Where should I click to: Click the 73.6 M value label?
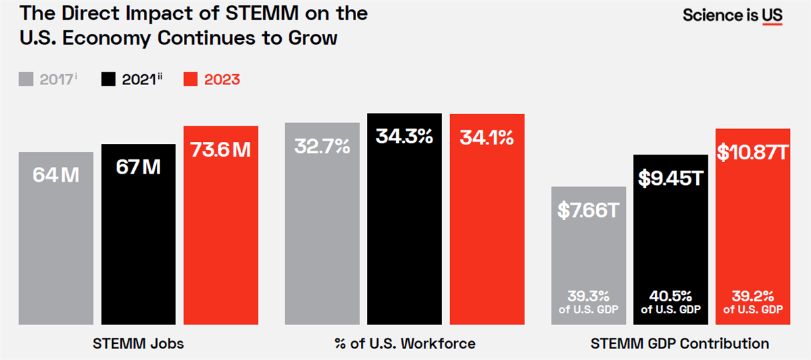pos(220,149)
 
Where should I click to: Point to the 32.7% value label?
pos(322,145)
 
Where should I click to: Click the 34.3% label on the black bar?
pos(404,136)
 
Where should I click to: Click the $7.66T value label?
pos(588,210)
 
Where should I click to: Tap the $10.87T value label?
pos(752,153)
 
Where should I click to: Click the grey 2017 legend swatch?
pos(26,80)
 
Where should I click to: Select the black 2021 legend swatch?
pos(108,80)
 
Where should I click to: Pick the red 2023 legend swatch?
pos(191,80)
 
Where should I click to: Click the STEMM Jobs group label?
pos(138,343)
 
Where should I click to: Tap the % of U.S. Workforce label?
pos(404,343)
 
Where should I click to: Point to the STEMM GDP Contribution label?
pos(679,343)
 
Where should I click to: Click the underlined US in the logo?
pos(772,16)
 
